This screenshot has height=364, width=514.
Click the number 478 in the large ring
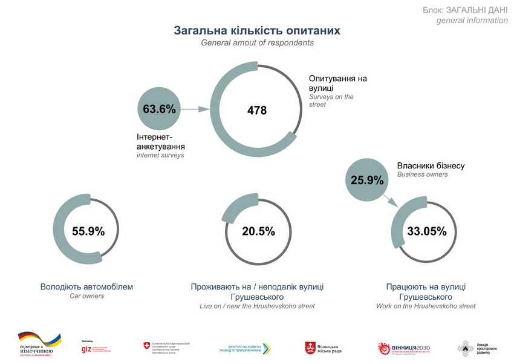[x=257, y=110]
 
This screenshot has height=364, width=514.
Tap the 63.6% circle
[x=159, y=110]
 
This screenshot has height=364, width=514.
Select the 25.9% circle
[x=366, y=179]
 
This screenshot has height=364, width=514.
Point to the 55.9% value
[x=88, y=231]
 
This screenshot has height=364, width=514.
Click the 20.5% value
[x=258, y=231]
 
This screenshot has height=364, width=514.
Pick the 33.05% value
[x=426, y=231]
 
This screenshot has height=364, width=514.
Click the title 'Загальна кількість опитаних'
[x=257, y=30]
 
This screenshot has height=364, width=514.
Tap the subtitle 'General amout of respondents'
[x=257, y=43]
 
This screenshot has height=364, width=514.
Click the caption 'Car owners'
[x=86, y=296]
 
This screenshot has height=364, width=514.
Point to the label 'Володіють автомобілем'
[x=86, y=286]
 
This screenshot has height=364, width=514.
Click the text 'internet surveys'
[x=161, y=156]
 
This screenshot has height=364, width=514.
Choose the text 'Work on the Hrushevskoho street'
[x=426, y=306]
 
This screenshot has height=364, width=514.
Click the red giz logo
[x=86, y=348]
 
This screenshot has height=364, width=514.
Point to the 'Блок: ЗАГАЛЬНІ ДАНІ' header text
[x=465, y=10]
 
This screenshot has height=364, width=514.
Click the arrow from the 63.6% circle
[x=195, y=110]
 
